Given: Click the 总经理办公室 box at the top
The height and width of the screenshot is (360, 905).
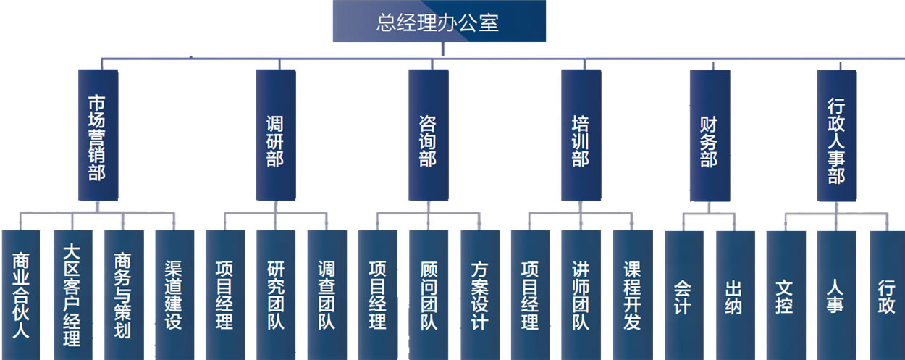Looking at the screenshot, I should click(439, 22).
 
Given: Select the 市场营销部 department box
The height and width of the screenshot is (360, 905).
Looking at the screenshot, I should click(98, 135).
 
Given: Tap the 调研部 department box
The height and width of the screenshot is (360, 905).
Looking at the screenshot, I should click(276, 135).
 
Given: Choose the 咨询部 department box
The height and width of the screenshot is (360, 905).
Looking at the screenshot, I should click(428, 135).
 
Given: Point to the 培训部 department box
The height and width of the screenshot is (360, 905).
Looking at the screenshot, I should click(581, 135).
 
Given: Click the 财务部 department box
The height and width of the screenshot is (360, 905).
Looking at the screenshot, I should click(710, 135).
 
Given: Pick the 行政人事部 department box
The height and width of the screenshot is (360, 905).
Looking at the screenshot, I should click(836, 135).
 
